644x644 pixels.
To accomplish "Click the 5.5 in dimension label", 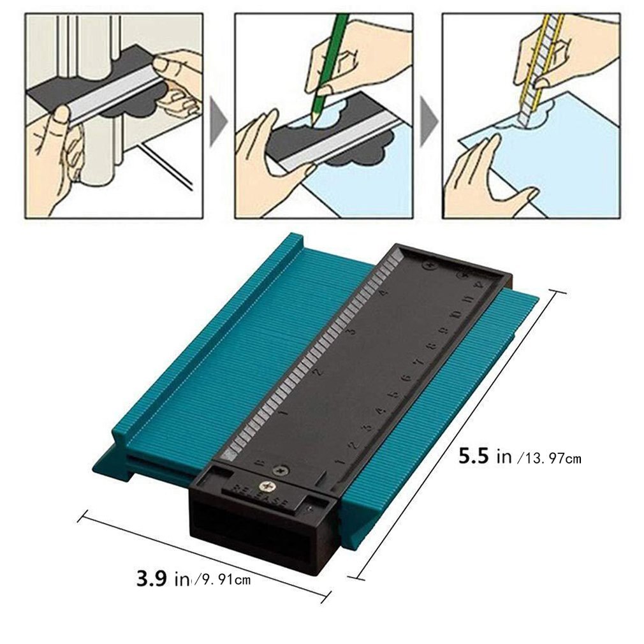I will coord(485,456).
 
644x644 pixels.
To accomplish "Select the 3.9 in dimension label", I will coord(163,578).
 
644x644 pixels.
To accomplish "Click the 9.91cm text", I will coord(223,580).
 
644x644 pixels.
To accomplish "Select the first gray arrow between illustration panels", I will coord(219,119).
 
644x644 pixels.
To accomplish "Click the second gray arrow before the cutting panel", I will coord(427,119).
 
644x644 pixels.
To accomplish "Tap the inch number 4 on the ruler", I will coord(383,292).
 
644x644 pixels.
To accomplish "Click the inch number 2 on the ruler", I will coord(318,372).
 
